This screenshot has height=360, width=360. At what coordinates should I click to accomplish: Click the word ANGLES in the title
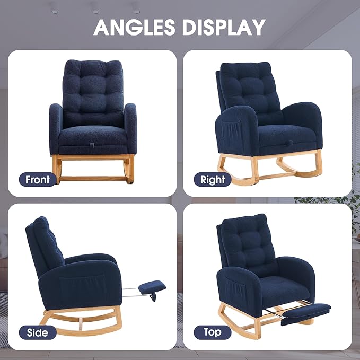tap(134, 27)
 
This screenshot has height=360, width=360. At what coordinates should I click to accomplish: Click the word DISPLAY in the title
tap(224, 27)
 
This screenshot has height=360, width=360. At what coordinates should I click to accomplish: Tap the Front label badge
tap(38, 180)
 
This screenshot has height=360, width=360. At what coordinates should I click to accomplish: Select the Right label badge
tap(213, 180)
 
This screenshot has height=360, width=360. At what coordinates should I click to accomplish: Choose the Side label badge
tap(38, 332)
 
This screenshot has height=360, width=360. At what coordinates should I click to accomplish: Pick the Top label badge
tap(213, 332)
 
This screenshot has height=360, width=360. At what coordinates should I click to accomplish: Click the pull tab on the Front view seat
tap(92, 145)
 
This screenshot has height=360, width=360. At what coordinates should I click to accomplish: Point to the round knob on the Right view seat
tap(289, 143)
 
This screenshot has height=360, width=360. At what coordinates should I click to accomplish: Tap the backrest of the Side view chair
tap(43, 245)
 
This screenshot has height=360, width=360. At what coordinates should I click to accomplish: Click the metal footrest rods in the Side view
tap(130, 292)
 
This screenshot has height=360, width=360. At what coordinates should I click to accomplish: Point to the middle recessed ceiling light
tap(96, 12)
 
